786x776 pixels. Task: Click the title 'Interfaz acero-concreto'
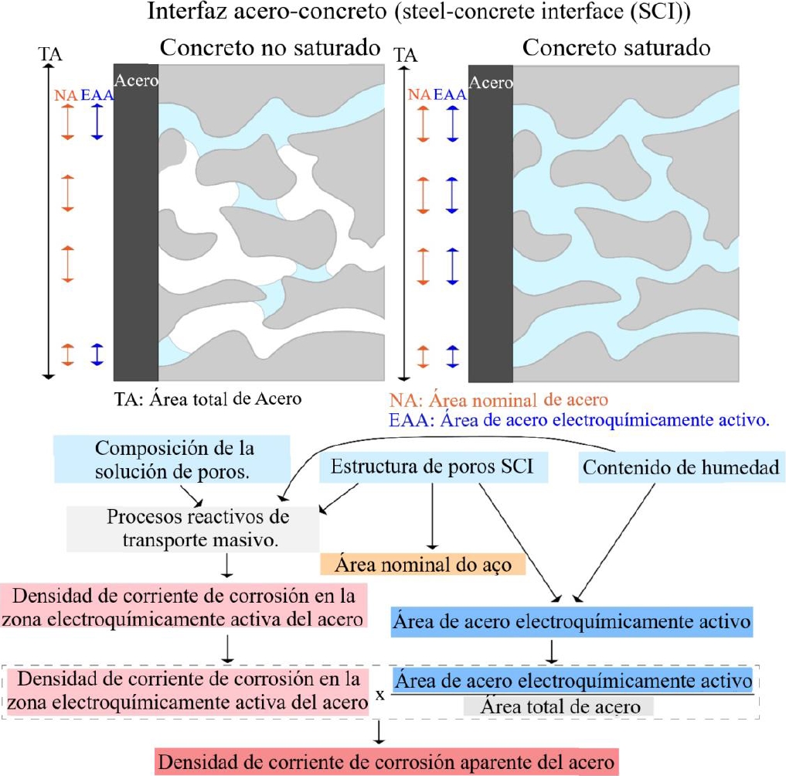267,12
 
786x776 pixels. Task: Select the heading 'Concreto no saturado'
271,48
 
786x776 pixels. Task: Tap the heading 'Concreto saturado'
616,48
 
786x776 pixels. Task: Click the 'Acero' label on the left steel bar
136,80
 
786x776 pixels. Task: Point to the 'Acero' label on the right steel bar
491,82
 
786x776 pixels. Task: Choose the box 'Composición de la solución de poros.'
172,460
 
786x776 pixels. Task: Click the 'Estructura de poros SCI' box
433,467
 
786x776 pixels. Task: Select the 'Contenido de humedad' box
681,467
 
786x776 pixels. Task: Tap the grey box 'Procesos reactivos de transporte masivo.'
193,528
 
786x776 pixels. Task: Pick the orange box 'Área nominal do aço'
423,564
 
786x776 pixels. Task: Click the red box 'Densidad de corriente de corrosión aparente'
386,762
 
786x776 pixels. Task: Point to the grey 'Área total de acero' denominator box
559,706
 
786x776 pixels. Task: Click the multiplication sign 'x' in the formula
380,696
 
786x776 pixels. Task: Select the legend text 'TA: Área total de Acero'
208,399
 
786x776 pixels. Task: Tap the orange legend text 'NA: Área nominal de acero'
498,400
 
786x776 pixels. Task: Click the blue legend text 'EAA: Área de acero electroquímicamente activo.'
579,419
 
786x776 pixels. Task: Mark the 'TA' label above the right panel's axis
406,55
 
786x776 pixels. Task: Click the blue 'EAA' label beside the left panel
97,95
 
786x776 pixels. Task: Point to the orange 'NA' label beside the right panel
419,94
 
